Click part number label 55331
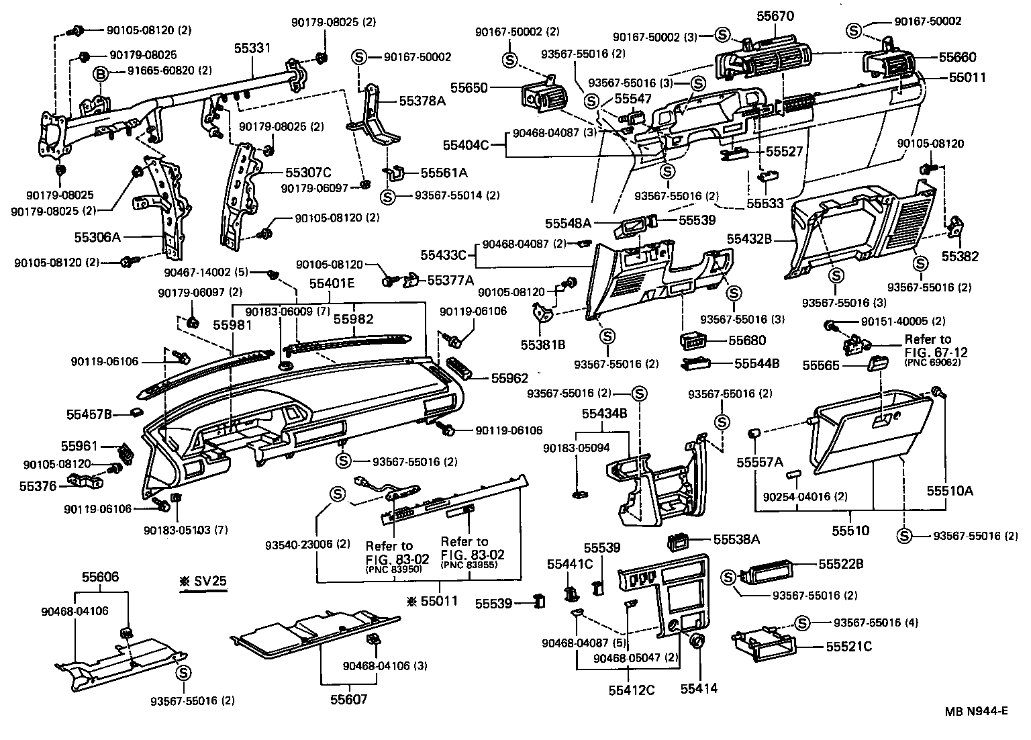point(252,48)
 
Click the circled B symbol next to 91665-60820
point(99,72)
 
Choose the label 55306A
point(97,237)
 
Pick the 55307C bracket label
point(309,172)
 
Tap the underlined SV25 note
point(203,582)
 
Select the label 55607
point(348,699)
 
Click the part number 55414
point(699,688)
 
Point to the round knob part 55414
point(697,641)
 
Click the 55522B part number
point(841,564)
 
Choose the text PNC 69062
point(932,363)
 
